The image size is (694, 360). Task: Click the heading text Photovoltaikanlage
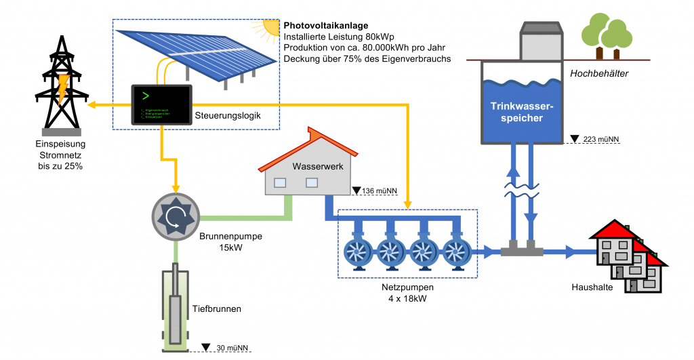(326, 26)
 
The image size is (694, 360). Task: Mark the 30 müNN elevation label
(228, 347)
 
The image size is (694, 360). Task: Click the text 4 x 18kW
(407, 298)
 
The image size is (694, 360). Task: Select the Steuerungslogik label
(227, 115)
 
